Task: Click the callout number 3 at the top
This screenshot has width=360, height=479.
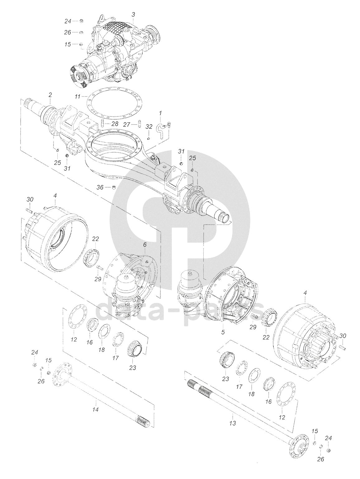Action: (x=133, y=15)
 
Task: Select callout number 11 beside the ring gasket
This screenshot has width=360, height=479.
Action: (x=78, y=96)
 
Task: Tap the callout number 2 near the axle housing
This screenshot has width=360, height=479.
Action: (x=50, y=95)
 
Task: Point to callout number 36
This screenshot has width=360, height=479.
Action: (x=100, y=187)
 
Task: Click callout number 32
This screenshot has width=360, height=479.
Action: (x=149, y=126)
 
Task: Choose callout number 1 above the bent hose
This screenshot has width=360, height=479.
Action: (x=161, y=113)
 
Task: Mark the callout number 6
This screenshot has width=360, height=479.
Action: (x=145, y=245)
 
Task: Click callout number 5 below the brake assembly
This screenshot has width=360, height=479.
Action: (x=223, y=332)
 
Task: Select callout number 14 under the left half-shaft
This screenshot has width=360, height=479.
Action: (x=95, y=410)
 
